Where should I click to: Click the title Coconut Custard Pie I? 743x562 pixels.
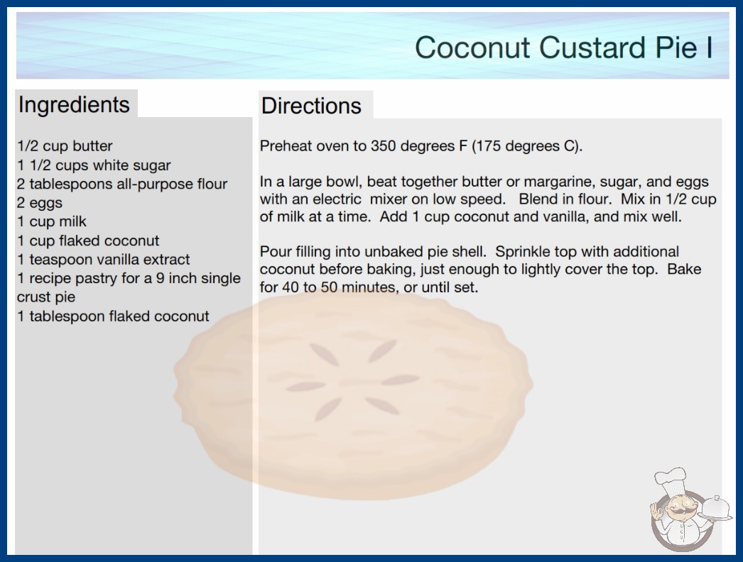564,48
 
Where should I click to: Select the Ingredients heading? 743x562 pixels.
74,105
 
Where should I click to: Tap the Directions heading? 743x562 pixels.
311,106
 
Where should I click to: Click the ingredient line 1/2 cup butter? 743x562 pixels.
65,146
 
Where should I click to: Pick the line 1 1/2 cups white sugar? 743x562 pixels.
94,165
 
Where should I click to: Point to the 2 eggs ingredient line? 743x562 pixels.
40,203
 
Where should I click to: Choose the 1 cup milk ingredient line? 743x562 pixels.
52,221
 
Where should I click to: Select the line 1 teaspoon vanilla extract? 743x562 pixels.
103,260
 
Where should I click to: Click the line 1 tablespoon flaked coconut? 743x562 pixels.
113,316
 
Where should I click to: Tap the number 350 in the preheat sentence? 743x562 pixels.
384,146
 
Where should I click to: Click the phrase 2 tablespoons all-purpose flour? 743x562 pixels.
122,184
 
